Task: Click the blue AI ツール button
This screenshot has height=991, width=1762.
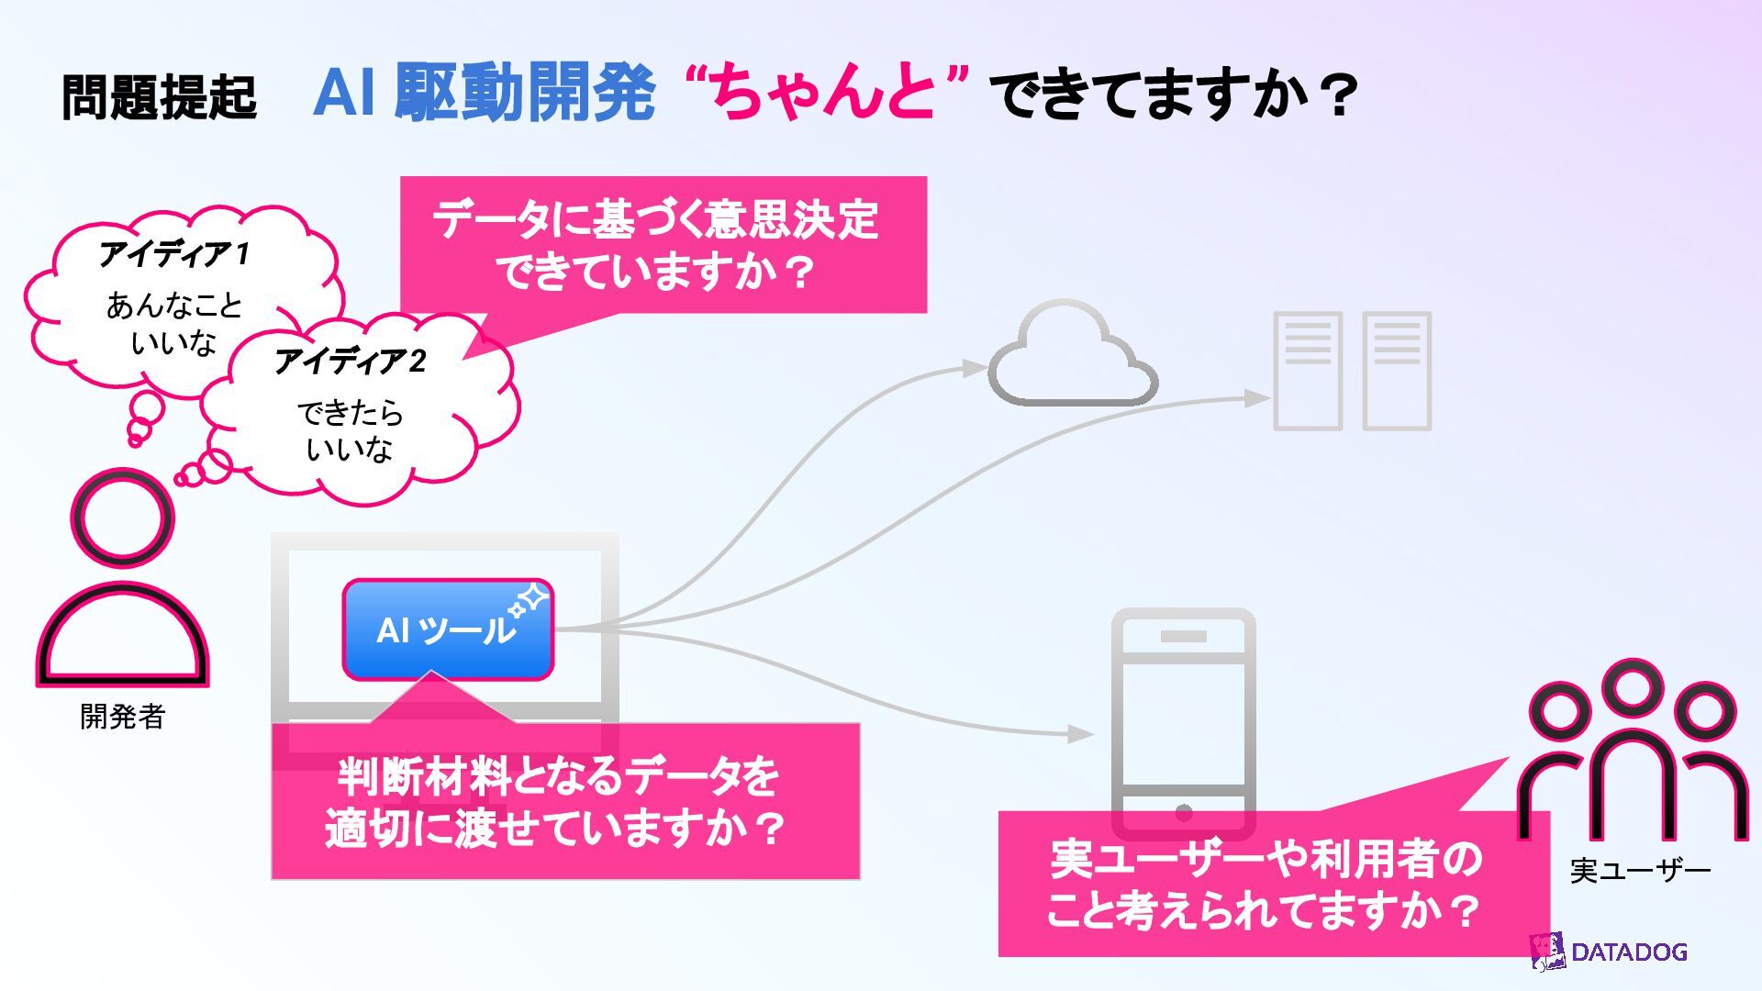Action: (448, 629)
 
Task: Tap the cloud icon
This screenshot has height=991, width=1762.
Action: (1072, 358)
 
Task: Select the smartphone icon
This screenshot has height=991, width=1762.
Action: (1183, 720)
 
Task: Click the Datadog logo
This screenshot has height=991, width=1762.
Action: (1609, 952)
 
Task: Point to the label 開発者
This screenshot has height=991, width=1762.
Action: (122, 717)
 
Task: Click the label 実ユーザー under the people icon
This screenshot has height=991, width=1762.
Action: (1640, 870)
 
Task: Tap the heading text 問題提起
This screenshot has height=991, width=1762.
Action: (159, 96)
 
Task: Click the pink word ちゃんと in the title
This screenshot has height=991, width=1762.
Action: (825, 92)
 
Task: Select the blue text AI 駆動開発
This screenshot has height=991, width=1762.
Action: (485, 92)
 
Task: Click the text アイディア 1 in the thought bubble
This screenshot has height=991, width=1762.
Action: (174, 253)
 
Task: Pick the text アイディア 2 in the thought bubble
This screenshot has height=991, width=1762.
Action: (351, 361)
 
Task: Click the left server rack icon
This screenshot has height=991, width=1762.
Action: (1308, 371)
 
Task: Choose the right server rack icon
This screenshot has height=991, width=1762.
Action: (1397, 371)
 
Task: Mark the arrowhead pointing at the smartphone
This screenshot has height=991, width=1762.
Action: (1083, 734)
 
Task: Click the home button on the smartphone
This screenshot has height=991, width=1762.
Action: (1184, 812)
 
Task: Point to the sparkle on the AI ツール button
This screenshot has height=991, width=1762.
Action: (530, 601)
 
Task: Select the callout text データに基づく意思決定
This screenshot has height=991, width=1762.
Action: (655, 220)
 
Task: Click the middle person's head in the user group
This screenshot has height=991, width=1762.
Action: (1632, 688)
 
